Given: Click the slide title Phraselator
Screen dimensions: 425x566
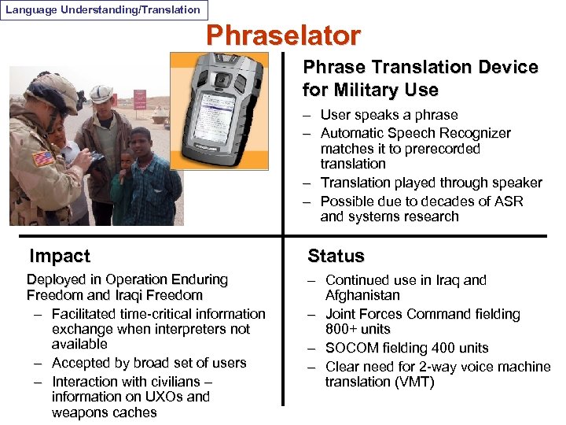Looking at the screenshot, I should tap(283, 35).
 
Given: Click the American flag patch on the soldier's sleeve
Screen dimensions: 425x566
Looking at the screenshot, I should tap(42, 157).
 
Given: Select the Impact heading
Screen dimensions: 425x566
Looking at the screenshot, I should tap(59, 256).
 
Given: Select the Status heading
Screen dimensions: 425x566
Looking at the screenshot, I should tap(336, 256).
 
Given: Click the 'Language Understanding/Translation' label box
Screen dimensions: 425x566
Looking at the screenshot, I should tap(103, 10).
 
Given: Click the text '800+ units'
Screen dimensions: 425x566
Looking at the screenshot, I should tap(358, 329).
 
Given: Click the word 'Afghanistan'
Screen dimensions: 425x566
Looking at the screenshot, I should tap(362, 295).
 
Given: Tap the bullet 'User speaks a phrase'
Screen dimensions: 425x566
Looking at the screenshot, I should tap(388, 115).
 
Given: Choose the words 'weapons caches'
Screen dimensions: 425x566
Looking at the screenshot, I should tap(104, 412).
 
